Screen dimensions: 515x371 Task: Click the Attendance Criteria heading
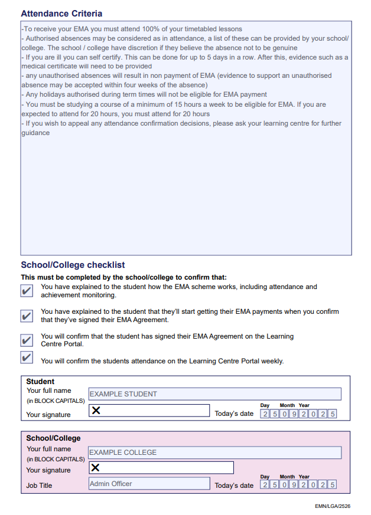(61, 13)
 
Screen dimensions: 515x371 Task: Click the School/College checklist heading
(73, 265)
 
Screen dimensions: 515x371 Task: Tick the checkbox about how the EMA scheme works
(27, 290)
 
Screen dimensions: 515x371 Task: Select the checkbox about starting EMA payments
(27, 316)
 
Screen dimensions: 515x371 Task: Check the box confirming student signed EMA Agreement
(27, 340)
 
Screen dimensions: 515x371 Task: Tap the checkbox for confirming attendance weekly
(27, 357)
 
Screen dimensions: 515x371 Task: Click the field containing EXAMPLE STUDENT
(214, 394)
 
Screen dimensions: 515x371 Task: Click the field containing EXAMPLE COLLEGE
(214, 452)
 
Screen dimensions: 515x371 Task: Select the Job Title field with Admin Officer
(149, 484)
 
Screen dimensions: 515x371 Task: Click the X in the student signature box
(96, 411)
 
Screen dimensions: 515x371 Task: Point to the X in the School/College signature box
(95, 468)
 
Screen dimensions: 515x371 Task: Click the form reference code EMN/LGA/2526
(333, 506)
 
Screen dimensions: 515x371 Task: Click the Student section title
(40, 382)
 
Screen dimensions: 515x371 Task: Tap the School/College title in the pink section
(53, 438)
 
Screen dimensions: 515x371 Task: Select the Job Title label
(39, 486)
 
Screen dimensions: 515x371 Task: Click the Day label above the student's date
(265, 405)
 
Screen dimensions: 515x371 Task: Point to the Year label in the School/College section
(304, 477)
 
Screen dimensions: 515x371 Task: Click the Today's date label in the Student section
(234, 414)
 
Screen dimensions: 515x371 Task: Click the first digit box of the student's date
(265, 414)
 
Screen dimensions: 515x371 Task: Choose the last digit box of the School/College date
(333, 485)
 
